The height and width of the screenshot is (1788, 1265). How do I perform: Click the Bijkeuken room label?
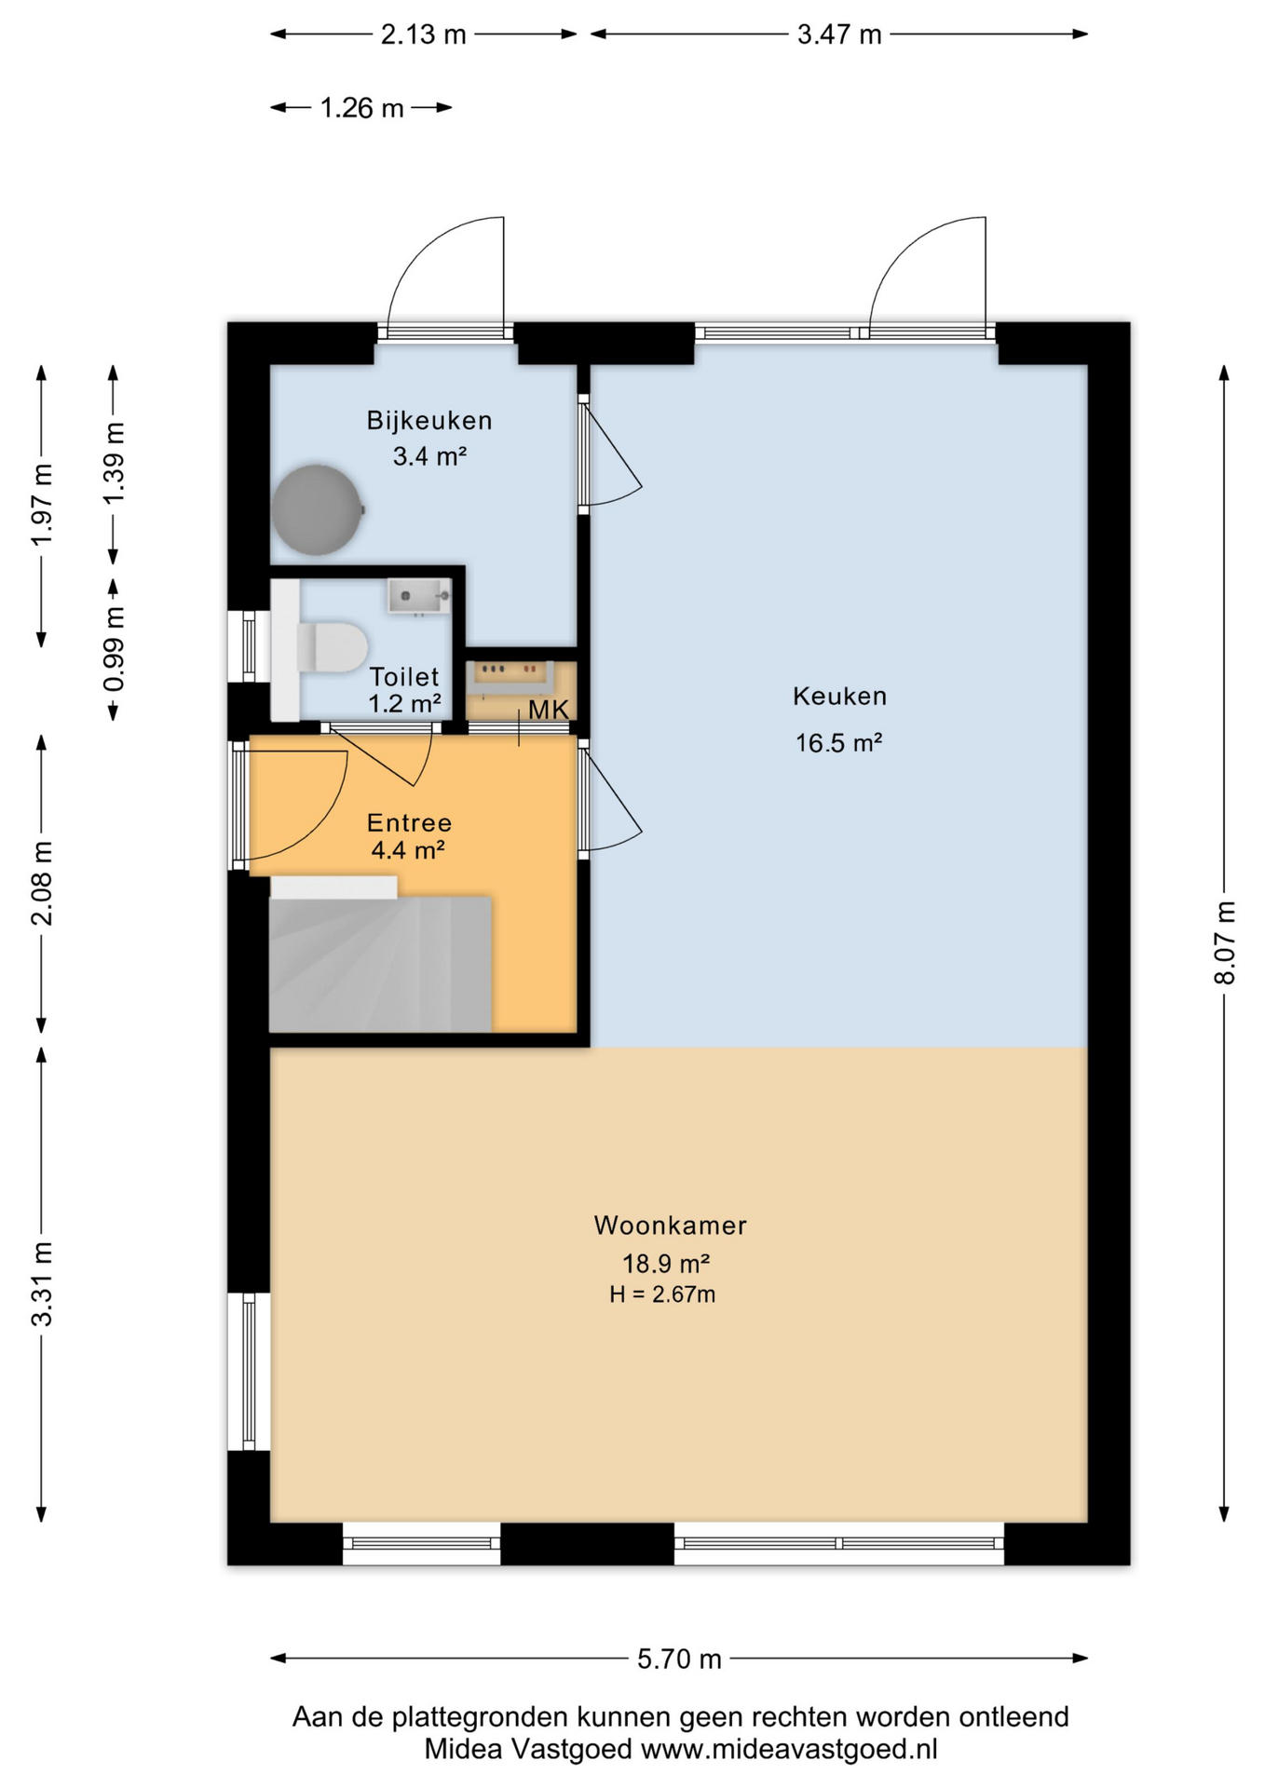tap(428, 421)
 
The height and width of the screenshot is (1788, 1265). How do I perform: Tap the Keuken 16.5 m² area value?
tap(837, 743)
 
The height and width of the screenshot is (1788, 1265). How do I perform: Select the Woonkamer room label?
tap(670, 1226)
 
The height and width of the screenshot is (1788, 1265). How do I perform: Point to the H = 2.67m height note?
tap(661, 1294)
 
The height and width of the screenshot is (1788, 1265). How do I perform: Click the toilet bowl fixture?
tap(333, 645)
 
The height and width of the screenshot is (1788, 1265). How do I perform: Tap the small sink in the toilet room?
tap(418, 596)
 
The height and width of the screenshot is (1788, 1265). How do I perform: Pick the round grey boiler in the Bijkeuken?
tap(317, 510)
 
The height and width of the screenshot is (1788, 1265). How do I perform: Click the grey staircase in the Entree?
tap(379, 963)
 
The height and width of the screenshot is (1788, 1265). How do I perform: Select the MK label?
tap(548, 711)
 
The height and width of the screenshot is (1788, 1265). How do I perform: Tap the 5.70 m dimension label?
tap(679, 1659)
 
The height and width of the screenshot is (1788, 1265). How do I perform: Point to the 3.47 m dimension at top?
tap(838, 35)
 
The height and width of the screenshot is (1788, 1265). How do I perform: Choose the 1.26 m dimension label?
tap(361, 109)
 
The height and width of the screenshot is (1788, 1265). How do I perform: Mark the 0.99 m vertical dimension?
tap(114, 649)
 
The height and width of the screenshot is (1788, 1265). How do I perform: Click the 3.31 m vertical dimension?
tap(42, 1283)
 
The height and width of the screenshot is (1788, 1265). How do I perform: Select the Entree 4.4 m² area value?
tap(407, 850)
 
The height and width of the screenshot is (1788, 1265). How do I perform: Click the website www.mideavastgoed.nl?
tap(789, 1749)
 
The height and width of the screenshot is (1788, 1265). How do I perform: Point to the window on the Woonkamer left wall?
tap(249, 1371)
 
